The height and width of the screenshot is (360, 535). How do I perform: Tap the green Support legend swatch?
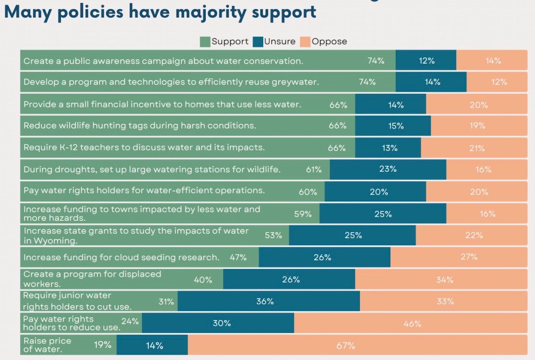pos(205,42)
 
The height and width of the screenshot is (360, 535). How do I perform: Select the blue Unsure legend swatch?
pos(258,42)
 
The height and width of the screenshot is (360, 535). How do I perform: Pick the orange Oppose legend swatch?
pos(305,42)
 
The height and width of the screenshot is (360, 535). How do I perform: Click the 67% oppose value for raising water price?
pos(346,346)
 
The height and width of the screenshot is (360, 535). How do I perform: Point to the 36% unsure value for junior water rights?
pos(265,301)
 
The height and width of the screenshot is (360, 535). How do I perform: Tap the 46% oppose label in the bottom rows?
pos(412,323)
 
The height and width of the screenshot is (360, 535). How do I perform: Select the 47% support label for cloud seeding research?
pos(238,258)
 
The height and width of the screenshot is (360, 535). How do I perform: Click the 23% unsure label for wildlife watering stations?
pos(388,169)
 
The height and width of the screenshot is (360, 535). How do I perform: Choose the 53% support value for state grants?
pos(274,235)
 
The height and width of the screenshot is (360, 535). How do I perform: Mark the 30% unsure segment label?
pos(222,323)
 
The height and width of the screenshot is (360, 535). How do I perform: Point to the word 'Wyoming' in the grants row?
pos(55,241)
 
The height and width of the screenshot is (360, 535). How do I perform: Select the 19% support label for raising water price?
pos(103,345)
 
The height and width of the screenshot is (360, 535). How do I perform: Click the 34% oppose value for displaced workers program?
pos(445,280)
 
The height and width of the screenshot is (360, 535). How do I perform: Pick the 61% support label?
pos(314,169)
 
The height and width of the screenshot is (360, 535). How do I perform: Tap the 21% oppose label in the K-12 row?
pos(476,148)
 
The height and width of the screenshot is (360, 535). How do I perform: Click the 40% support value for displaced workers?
pos(203,280)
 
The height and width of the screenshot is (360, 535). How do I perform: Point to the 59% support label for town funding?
pos(303,214)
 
